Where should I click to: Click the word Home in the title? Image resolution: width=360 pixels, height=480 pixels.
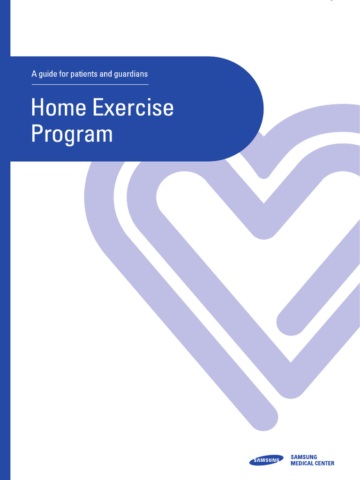click(59, 108)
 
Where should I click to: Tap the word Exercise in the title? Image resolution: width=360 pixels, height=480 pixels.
click(133, 108)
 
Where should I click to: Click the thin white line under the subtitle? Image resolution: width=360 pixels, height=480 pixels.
click(90, 84)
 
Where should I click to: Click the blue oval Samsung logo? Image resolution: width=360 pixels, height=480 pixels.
click(266, 461)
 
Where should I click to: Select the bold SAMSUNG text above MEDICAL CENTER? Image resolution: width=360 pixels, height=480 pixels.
click(304, 457)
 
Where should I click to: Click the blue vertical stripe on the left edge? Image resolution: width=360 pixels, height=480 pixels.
click(5, 281)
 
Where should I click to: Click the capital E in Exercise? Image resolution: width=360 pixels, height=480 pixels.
click(97, 108)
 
